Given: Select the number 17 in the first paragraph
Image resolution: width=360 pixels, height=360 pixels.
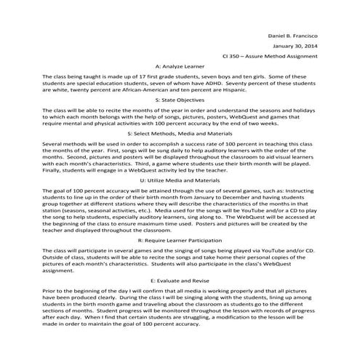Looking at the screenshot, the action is pyautogui.click(x=156, y=76).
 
